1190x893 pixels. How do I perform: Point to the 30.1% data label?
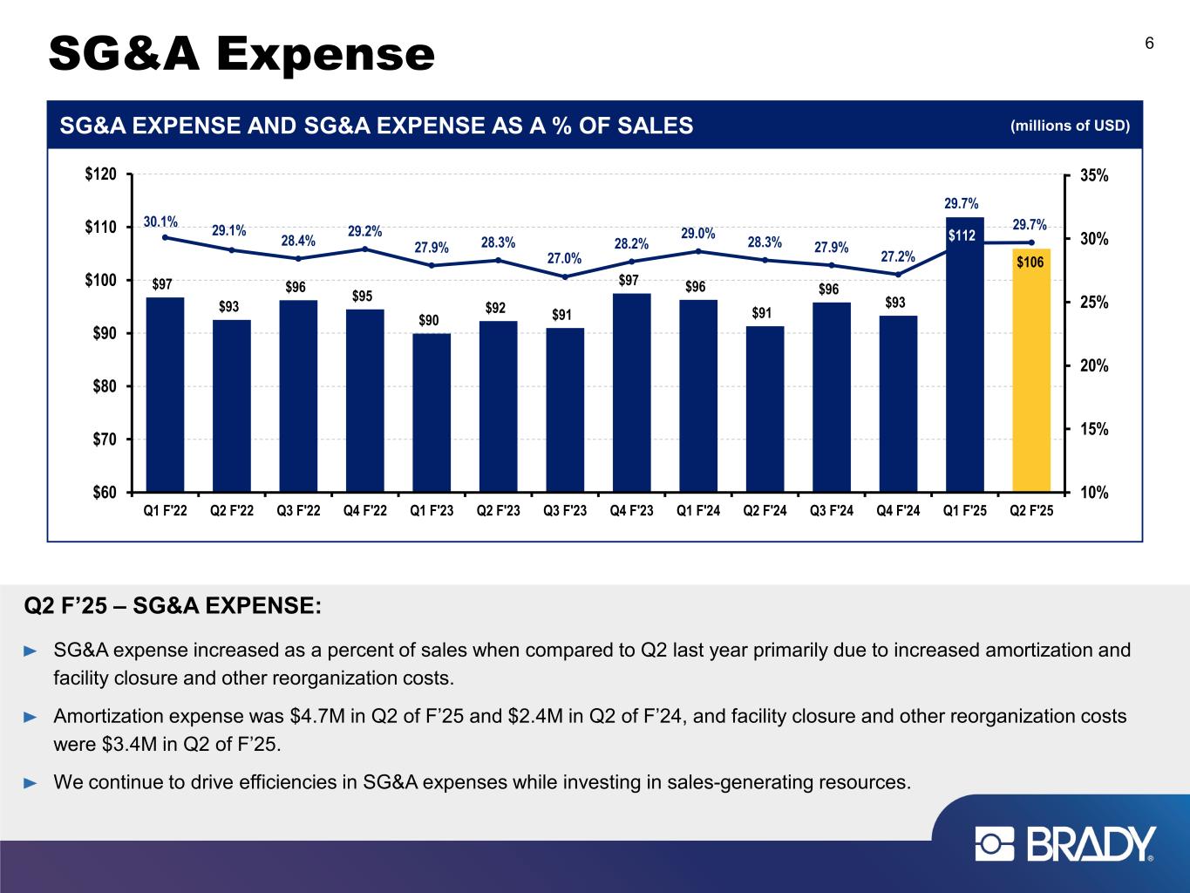click(x=160, y=222)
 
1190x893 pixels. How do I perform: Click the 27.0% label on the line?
click(x=564, y=258)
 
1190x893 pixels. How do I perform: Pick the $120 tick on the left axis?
click(x=103, y=175)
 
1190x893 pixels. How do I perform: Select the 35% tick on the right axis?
click(x=1094, y=175)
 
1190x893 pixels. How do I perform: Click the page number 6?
click(x=1149, y=44)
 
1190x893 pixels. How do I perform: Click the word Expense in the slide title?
click(x=326, y=54)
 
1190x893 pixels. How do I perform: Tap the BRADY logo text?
click(x=1091, y=844)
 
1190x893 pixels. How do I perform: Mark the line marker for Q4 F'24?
click(x=898, y=274)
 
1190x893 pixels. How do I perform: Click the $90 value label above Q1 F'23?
click(x=428, y=321)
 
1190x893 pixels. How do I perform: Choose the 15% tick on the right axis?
click(x=1094, y=429)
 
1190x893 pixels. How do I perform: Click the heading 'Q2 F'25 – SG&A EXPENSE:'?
click(x=173, y=605)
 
